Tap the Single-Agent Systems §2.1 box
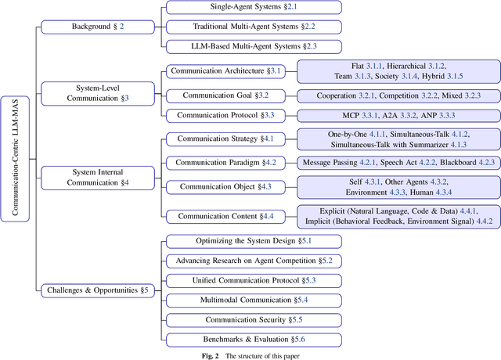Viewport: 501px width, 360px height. point(253,8)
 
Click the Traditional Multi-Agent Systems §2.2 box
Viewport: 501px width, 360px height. point(253,27)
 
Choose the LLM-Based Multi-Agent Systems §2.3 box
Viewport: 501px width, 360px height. point(253,46)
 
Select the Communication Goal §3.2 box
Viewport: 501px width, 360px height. point(225,95)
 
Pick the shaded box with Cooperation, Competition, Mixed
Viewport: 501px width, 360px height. point(398,95)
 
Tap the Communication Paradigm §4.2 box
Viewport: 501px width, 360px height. point(220,163)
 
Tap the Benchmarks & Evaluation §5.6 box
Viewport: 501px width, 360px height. point(253,339)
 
